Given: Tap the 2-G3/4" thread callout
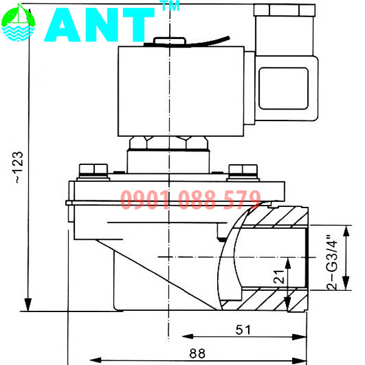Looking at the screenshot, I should click(x=332, y=258).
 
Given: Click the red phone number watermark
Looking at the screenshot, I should click(x=190, y=200).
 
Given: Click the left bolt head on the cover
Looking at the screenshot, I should click(x=93, y=169).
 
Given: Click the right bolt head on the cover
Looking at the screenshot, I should click(x=239, y=171).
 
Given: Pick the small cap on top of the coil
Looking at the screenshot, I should click(x=167, y=42).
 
